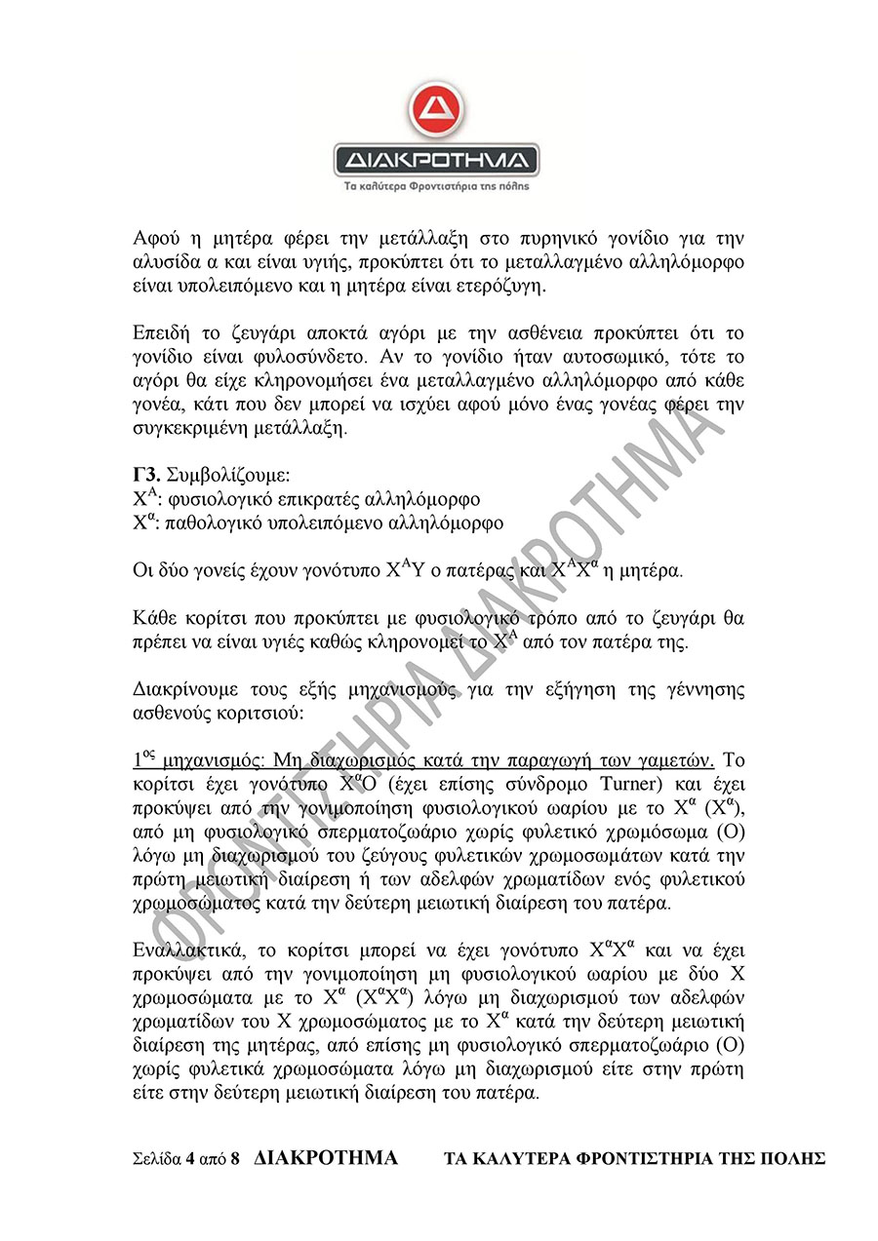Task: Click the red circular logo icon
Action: [x=435, y=115]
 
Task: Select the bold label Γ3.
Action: [x=146, y=477]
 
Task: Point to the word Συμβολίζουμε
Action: [x=229, y=477]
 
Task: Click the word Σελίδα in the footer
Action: [x=156, y=1159]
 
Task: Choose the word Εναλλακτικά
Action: [x=187, y=949]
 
